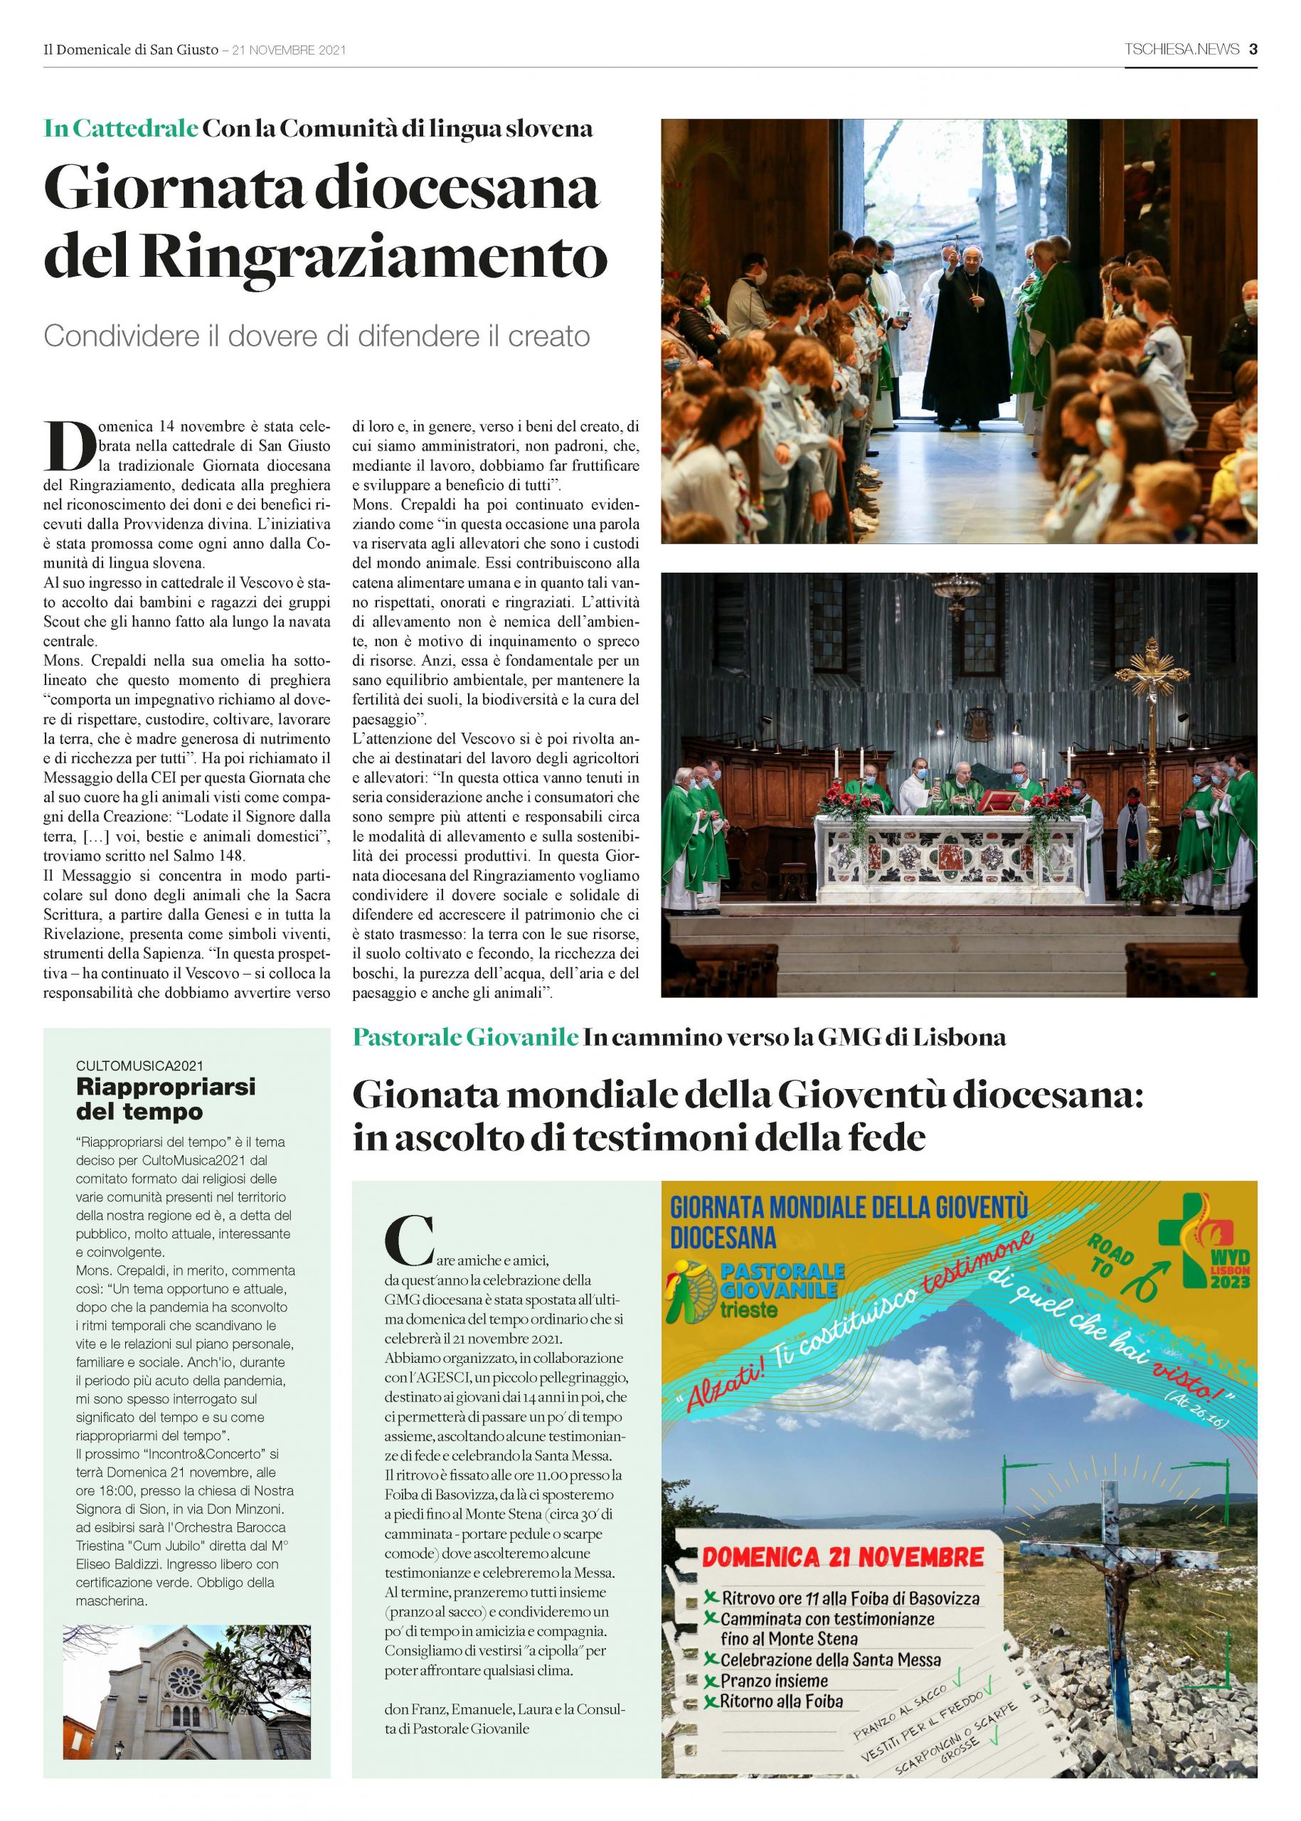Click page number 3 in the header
click(x=1253, y=50)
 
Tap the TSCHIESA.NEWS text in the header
click(x=1181, y=50)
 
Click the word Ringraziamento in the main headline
click(x=376, y=256)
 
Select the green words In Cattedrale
click(x=121, y=128)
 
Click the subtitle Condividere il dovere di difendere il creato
click(x=317, y=336)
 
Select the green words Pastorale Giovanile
click(x=465, y=1038)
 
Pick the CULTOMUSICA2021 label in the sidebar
click(x=139, y=1066)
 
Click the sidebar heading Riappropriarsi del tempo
click(x=166, y=1099)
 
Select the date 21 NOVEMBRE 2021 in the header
click(x=288, y=51)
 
